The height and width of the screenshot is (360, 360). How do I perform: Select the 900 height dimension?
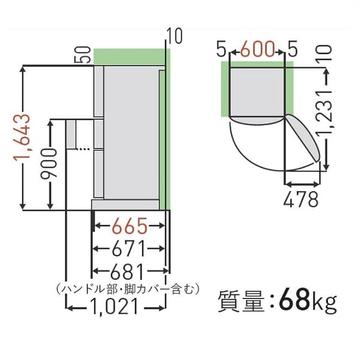point(50,163)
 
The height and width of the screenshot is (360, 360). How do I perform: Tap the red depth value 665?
point(129,228)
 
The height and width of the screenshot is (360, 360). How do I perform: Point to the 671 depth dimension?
point(129,250)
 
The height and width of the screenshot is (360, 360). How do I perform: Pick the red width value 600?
point(257,50)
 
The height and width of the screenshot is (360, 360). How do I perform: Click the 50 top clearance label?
point(83,55)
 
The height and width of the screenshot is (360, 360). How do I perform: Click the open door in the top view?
point(304,137)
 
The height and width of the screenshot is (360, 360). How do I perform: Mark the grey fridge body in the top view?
point(257,91)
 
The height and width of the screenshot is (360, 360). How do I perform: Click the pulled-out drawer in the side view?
point(71,134)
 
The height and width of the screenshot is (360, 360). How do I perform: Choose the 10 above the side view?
point(175,37)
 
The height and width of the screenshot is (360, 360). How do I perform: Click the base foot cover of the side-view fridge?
point(125,205)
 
